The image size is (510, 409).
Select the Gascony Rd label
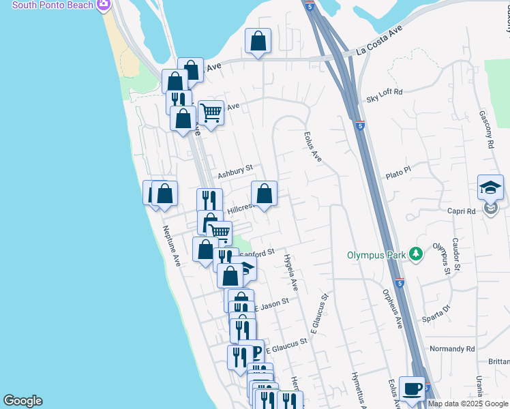click(x=490, y=130)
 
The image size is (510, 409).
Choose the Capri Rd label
click(x=462, y=211)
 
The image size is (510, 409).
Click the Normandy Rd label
click(x=451, y=349)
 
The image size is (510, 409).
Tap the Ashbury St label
click(x=235, y=172)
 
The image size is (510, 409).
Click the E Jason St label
click(x=272, y=304)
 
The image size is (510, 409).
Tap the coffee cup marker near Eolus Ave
click(x=412, y=389)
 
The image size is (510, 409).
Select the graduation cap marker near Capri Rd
click(x=490, y=187)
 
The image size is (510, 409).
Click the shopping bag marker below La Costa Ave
click(x=258, y=41)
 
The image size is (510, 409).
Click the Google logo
click(x=22, y=401)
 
